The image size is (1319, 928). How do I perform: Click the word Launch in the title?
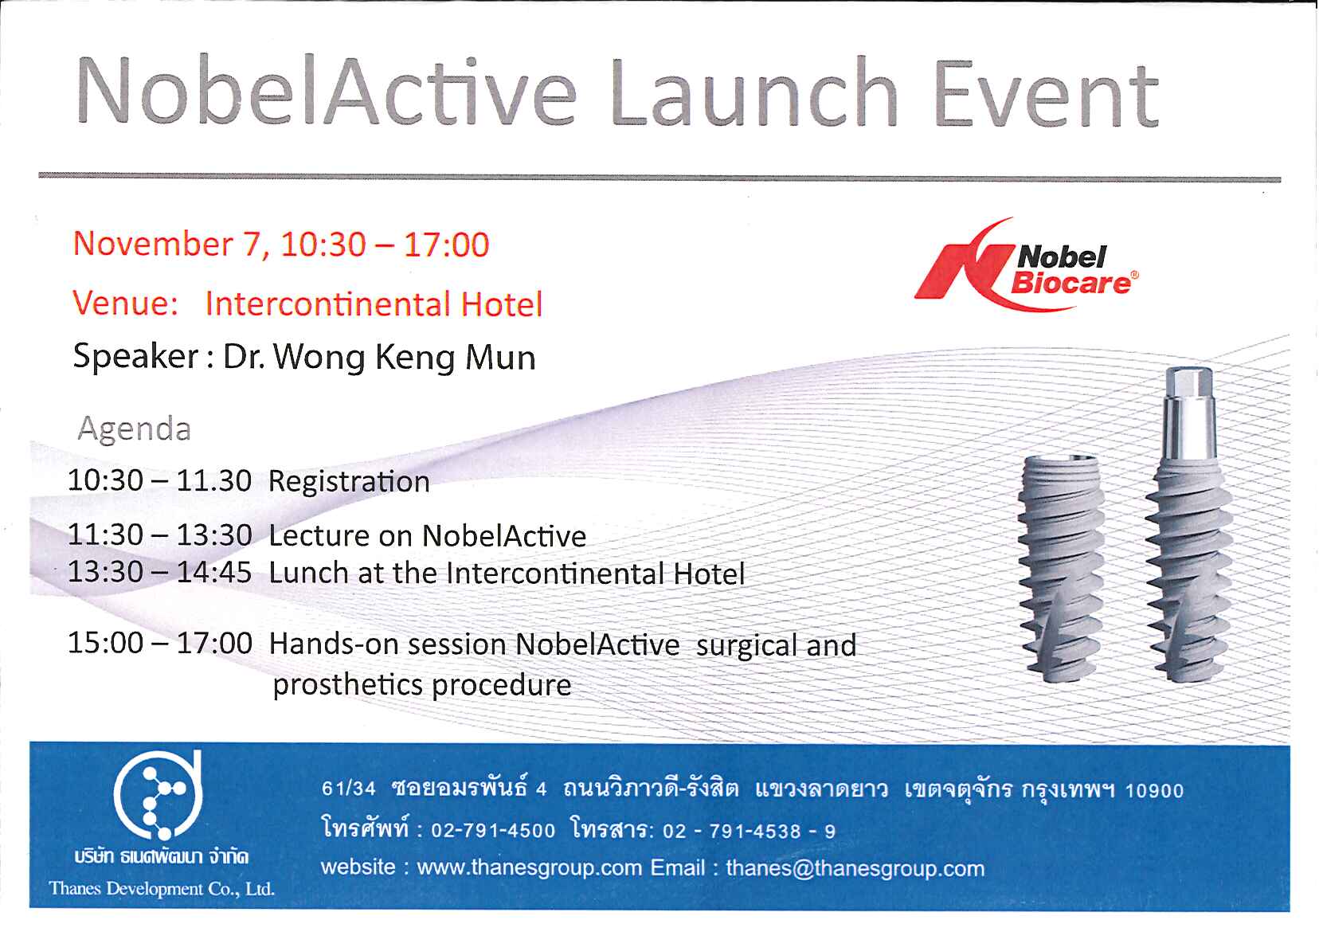click(x=753, y=92)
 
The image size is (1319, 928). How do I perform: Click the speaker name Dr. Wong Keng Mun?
click(x=379, y=357)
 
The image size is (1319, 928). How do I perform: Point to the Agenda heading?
click(x=135, y=429)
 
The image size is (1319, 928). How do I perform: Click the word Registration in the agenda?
click(x=349, y=482)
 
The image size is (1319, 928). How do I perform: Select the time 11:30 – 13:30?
click(x=159, y=535)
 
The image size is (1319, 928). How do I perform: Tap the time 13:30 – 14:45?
click(x=159, y=572)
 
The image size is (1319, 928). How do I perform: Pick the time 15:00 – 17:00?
click(x=159, y=643)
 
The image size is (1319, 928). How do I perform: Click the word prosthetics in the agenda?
click(x=348, y=685)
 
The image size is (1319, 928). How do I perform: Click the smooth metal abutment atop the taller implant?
click(x=1190, y=413)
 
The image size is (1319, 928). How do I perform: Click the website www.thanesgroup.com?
click(x=530, y=867)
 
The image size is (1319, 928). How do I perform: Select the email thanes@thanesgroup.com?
click(x=855, y=868)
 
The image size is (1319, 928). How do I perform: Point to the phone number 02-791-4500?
click(x=493, y=830)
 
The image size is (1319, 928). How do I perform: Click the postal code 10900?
click(x=1154, y=791)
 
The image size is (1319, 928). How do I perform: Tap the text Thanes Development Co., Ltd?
click(x=162, y=888)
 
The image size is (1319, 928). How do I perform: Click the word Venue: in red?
click(x=125, y=303)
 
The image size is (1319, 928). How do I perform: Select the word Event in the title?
click(x=1047, y=94)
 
